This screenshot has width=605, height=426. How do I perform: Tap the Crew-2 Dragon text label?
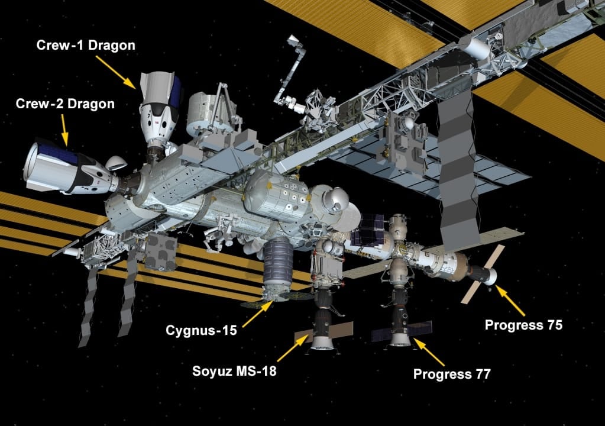65,105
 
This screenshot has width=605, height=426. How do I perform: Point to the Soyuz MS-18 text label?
234,372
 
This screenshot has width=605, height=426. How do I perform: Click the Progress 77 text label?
452,374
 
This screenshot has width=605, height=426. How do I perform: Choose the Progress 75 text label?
523,325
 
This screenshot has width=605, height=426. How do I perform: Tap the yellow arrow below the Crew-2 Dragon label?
64,130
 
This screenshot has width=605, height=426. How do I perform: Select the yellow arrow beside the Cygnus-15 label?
257,314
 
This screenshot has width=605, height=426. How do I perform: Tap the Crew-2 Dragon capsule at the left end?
65,169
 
